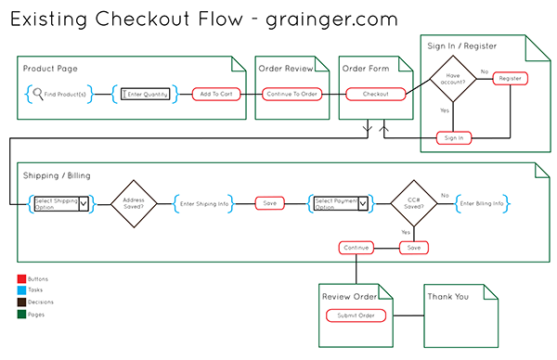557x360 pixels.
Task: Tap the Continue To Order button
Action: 291,94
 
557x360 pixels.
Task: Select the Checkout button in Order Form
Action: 375,94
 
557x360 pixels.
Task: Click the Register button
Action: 510,79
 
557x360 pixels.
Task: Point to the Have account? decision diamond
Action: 453,80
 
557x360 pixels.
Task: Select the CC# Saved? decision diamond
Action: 412,202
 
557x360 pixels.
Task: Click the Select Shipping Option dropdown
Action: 60,202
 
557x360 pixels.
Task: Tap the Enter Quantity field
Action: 146,94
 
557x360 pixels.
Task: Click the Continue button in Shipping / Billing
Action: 356,248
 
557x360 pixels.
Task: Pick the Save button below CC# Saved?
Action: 413,248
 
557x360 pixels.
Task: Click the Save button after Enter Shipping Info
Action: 269,202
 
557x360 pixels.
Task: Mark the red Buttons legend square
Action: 20,278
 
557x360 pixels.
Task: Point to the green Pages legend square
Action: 20,314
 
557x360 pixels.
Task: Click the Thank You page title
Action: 447,297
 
